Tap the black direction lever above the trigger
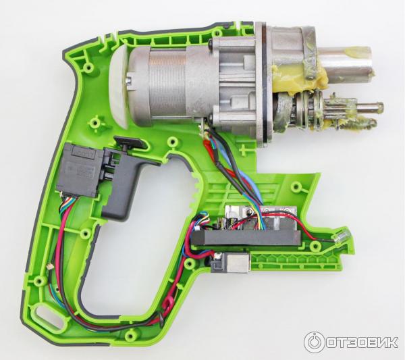(x=129, y=143)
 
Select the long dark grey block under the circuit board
(x=246, y=238)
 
